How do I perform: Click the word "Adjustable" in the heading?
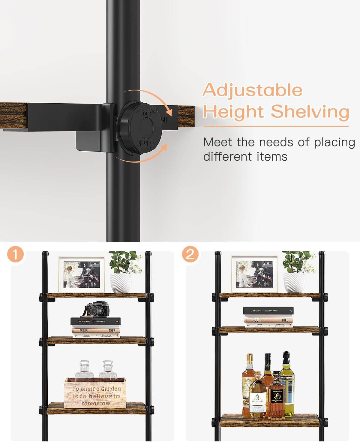[252, 90]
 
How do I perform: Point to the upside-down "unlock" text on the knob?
[146, 142]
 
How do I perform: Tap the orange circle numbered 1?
[15, 255]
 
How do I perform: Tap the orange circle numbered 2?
[190, 255]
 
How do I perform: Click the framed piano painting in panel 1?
[82, 274]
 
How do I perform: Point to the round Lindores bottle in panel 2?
[257, 396]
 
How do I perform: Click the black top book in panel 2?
[268, 311]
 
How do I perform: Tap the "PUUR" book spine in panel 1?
[84, 331]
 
